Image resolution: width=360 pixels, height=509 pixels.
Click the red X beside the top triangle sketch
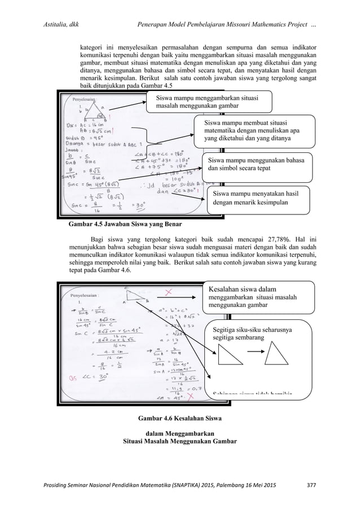pos(168,292)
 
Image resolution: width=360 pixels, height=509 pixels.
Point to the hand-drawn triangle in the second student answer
pos(134,295)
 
